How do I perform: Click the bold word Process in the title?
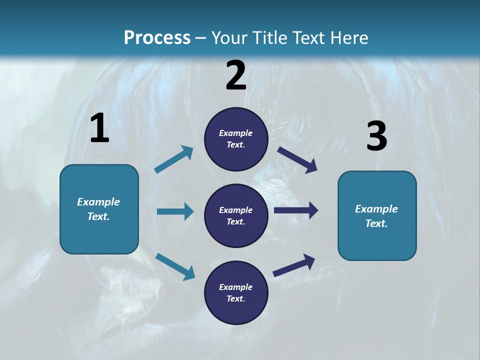157,37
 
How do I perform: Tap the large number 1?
99,128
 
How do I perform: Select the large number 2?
236,75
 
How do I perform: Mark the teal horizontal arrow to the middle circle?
175,211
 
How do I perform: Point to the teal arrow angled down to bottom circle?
175,266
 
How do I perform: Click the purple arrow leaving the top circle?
297,159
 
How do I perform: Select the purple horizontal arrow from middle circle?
296,210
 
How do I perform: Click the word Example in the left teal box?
98,202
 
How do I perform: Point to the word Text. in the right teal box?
376,223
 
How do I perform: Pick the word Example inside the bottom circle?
236,287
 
